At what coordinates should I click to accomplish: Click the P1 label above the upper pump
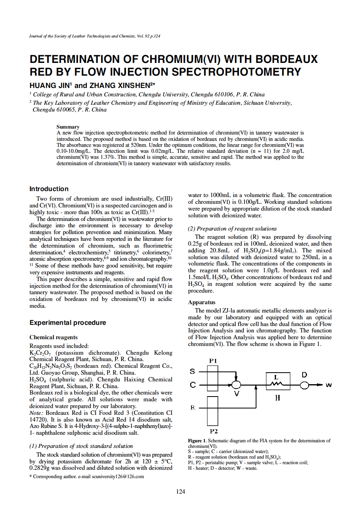click(x=213, y=361)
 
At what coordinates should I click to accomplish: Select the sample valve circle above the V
click(x=237, y=385)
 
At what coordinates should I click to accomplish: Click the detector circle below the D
click(x=305, y=385)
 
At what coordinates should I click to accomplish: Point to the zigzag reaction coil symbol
click(x=276, y=384)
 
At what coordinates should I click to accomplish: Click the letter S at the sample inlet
click(x=192, y=371)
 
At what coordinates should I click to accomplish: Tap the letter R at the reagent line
click(x=192, y=407)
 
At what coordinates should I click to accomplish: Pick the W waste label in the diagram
click(x=329, y=385)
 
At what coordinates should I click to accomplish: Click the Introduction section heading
click(x=49, y=189)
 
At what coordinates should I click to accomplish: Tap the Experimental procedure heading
click(x=68, y=322)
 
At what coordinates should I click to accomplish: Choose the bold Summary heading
click(x=68, y=127)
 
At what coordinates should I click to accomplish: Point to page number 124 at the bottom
click(x=180, y=492)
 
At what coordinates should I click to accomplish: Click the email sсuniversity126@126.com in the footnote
click(x=115, y=477)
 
